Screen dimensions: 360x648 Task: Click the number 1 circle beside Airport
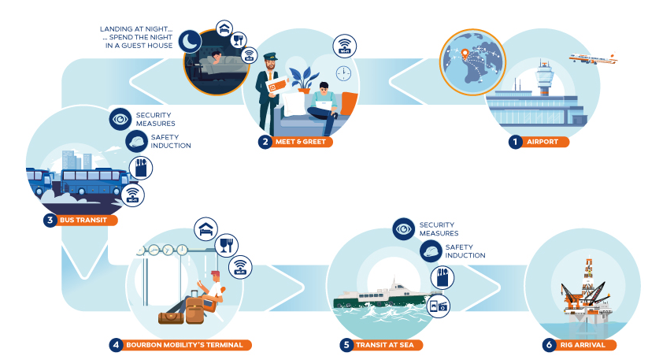[x=515, y=143]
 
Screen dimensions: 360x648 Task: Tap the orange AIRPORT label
[x=543, y=143]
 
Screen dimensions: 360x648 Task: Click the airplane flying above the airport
[x=592, y=60]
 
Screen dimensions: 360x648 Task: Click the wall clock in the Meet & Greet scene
[x=343, y=73]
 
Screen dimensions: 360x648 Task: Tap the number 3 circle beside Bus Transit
[x=50, y=220]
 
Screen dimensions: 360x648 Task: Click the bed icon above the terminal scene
[x=205, y=228]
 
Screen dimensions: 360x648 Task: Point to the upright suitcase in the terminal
[x=194, y=310]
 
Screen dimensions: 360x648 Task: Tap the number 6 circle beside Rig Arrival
[x=549, y=344]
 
